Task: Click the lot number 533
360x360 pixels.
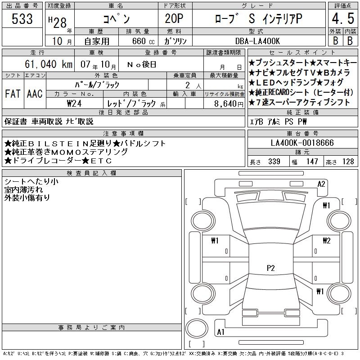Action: point(22,18)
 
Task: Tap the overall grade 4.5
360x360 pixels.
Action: point(343,18)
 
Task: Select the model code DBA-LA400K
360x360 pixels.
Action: point(257,41)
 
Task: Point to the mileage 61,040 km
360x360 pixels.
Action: point(49,64)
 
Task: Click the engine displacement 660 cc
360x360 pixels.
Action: point(143,41)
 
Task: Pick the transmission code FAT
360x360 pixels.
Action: point(13,94)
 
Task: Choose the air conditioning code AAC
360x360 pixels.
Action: point(35,94)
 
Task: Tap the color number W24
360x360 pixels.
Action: point(74,103)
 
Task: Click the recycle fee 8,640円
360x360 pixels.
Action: point(229,104)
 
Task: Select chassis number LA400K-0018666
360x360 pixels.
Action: point(302,143)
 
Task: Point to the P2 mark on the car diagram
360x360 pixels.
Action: point(271,268)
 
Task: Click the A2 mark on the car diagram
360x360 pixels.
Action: point(321,184)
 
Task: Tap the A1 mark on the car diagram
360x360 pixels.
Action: point(220,332)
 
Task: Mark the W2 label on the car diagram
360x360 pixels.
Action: point(327,240)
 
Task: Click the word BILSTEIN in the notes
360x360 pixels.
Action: point(58,144)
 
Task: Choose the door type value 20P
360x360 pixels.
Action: point(174,18)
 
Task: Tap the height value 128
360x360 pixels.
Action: point(348,162)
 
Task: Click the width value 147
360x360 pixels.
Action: point(312,162)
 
